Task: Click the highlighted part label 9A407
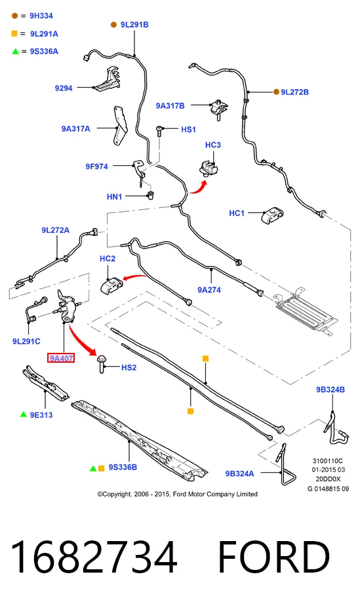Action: [61, 358]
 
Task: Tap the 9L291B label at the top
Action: [134, 24]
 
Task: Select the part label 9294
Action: [64, 88]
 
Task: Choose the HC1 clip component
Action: [271, 215]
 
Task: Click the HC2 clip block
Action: [111, 285]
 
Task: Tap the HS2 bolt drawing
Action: [102, 364]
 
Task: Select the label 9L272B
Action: [295, 92]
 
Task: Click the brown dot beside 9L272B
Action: [276, 92]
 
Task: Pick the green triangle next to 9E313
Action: [24, 415]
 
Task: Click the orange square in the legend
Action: [14, 33]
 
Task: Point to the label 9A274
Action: [209, 290]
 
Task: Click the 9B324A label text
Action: [239, 474]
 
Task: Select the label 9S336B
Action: [123, 467]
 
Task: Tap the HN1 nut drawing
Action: [150, 195]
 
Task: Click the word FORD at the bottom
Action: [274, 557]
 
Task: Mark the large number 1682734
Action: [94, 557]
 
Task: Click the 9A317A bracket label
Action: [75, 129]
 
